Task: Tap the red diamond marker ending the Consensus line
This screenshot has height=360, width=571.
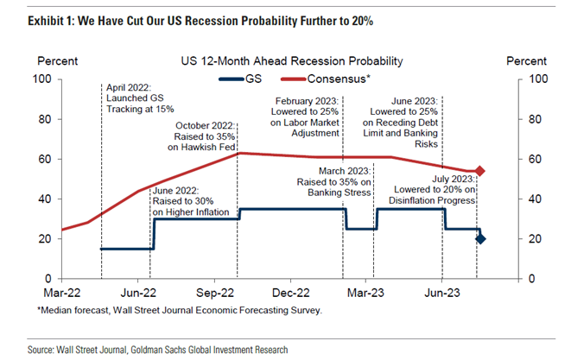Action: (480, 171)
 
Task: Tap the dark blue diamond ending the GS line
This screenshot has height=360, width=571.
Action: (480, 238)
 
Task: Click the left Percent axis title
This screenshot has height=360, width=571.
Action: (58, 61)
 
